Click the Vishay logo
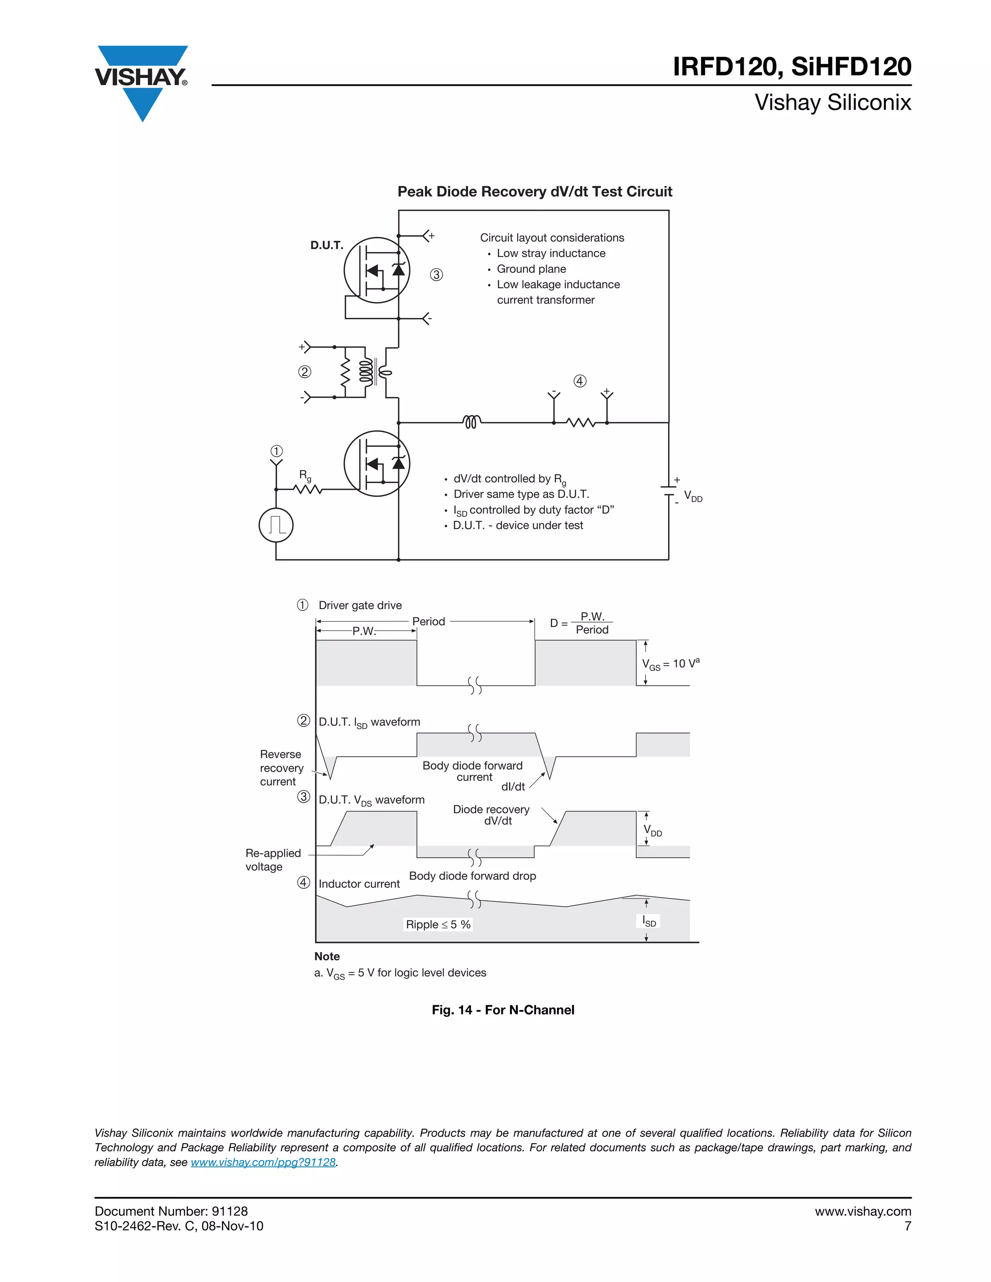141,80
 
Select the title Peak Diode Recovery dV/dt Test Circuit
534,192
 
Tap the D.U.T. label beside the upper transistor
327,245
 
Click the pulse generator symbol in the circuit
276,525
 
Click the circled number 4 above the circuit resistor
579,381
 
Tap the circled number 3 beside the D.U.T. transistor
436,275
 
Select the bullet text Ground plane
531,269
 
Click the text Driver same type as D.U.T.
521,494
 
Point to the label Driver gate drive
360,605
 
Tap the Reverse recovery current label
281,768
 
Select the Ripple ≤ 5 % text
438,924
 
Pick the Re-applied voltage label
272,860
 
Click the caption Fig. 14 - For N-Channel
503,1010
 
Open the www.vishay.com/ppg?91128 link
263,1162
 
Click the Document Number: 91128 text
171,1211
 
